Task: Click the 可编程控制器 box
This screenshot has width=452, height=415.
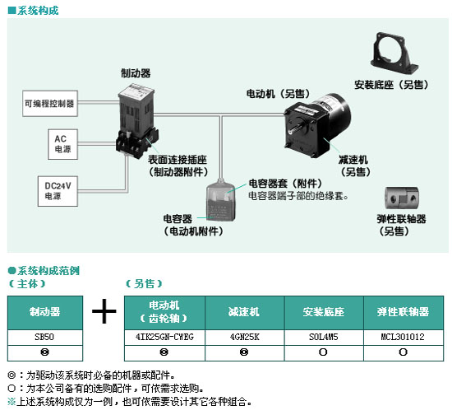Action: pyautogui.click(x=50, y=104)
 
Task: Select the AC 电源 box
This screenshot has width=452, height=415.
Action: pyautogui.click(x=62, y=144)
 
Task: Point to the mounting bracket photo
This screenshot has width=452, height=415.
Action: pyautogui.click(x=394, y=54)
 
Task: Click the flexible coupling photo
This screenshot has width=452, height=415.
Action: pyautogui.click(x=402, y=198)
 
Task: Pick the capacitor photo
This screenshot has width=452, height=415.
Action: pyautogui.click(x=221, y=201)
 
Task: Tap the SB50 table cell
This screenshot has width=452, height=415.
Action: pyautogui.click(x=45, y=337)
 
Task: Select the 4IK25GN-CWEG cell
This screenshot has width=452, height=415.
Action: pyautogui.click(x=164, y=337)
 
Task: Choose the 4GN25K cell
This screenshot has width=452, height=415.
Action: pyautogui.click(x=244, y=337)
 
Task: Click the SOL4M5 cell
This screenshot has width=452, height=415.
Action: pyautogui.click(x=324, y=337)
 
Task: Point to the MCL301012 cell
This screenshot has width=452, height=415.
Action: pyautogui.click(x=404, y=337)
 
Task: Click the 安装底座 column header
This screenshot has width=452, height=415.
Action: pyautogui.click(x=324, y=312)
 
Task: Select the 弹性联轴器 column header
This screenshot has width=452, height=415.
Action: pyautogui.click(x=404, y=312)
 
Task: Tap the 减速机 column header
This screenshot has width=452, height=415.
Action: pyautogui.click(x=244, y=312)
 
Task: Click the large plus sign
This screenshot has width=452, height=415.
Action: pyautogui.click(x=104, y=311)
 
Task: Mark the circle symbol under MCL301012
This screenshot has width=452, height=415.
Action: pyautogui.click(x=403, y=352)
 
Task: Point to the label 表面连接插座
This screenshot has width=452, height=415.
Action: pyautogui.click(x=178, y=160)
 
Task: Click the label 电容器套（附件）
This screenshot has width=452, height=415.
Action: pyautogui.click(x=285, y=184)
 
